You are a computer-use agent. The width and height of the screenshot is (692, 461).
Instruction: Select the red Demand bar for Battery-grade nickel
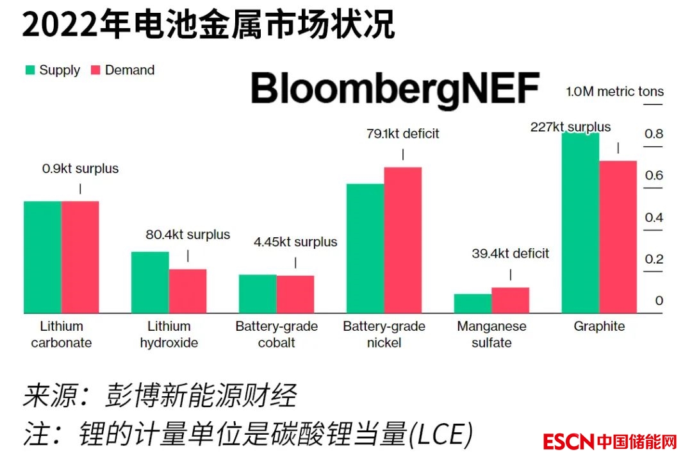pyautogui.click(x=403, y=240)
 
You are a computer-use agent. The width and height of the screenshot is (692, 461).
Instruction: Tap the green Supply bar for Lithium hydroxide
pyautogui.click(x=150, y=282)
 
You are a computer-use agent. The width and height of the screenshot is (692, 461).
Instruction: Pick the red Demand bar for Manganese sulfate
pyautogui.click(x=511, y=300)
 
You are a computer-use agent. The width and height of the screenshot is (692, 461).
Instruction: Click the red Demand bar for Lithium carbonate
pyautogui.click(x=80, y=257)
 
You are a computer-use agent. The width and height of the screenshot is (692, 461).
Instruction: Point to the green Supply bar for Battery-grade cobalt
pyautogui.click(x=258, y=294)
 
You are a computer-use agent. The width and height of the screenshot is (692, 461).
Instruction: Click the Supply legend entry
pyautogui.click(x=53, y=71)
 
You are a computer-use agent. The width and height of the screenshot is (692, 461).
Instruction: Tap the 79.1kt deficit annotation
pyautogui.click(x=403, y=134)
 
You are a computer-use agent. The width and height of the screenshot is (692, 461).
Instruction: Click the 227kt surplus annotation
pyautogui.click(x=570, y=127)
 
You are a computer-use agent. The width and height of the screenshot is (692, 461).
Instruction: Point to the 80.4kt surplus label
pyautogui.click(x=188, y=235)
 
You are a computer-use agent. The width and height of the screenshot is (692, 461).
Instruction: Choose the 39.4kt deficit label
pyautogui.click(x=511, y=254)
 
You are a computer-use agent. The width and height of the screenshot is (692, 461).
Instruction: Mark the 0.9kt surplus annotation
pyautogui.click(x=81, y=169)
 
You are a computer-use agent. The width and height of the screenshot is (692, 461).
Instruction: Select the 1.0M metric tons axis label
pyautogui.click(x=614, y=92)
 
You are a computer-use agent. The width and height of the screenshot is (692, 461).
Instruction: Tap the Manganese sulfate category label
pyautogui.click(x=491, y=334)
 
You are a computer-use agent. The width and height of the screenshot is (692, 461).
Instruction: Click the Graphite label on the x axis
pyautogui.click(x=599, y=326)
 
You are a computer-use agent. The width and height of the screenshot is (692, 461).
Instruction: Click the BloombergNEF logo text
pyautogui.click(x=394, y=89)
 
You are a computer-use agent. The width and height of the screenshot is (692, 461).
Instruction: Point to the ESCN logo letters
pyautogui.click(x=568, y=442)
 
